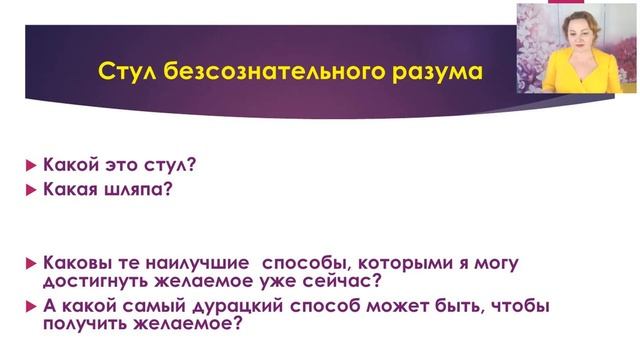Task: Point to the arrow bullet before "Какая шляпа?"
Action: click(30, 190)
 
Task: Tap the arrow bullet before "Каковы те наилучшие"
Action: click(30, 263)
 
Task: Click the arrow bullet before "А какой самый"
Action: click(30, 307)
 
